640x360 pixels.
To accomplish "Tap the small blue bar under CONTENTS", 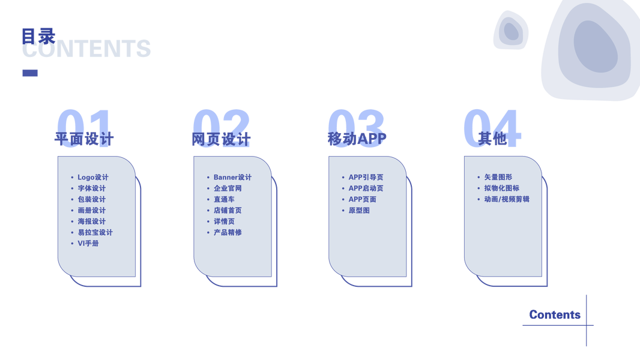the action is [29, 73].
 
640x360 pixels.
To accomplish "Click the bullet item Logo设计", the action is [93, 178].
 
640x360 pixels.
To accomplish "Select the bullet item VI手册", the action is [88, 244].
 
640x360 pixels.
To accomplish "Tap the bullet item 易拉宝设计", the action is [95, 232].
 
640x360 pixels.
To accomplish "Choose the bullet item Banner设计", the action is [232, 178].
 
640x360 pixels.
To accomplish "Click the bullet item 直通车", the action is [224, 199].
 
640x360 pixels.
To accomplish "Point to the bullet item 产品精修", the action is [228, 232].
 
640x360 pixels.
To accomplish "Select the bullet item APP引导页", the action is [366, 178].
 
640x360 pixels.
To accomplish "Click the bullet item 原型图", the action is [359, 211].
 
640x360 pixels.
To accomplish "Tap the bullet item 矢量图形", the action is [498, 178].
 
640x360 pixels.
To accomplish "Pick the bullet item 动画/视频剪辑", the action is [507, 199].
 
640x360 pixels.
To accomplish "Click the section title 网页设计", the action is [220, 140].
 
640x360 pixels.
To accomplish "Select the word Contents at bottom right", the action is [555, 314].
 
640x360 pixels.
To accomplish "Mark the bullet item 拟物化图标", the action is [501, 188].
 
